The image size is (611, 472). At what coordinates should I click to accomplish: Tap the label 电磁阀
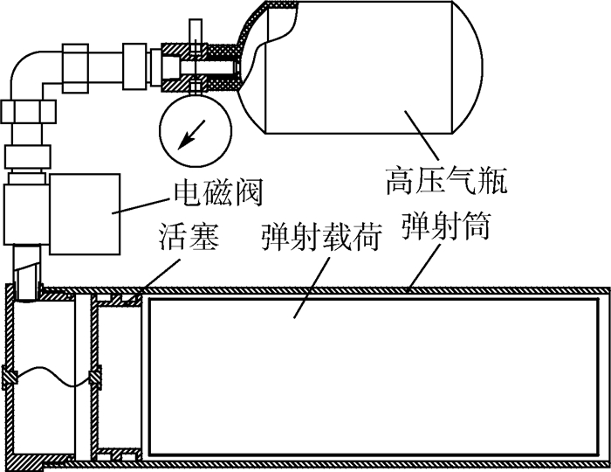point(218,189)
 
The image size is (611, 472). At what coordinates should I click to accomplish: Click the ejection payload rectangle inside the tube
point(375,376)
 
